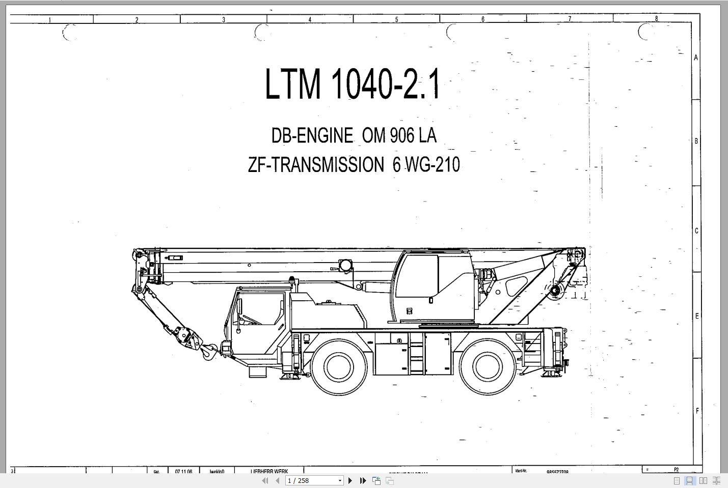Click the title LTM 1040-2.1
point(353,84)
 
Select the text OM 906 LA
point(399,135)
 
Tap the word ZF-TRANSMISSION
point(316,165)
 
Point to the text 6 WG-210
point(426,165)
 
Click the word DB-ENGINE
point(312,135)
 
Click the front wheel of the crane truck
point(338,366)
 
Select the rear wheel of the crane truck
point(487,366)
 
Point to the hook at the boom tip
point(208,351)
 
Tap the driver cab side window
point(260,311)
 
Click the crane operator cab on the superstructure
point(433,285)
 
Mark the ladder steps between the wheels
point(417,353)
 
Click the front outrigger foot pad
point(289,376)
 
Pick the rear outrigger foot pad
point(550,374)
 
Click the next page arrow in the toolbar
point(350,480)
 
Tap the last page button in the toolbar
point(363,480)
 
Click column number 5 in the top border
point(396,19)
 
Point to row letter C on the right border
point(696,231)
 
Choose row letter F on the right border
point(696,411)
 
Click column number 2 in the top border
point(137,20)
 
